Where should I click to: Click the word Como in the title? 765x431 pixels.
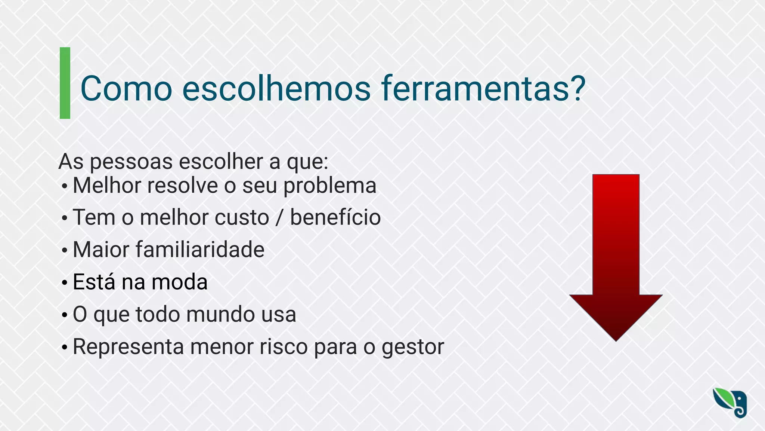pyautogui.click(x=126, y=89)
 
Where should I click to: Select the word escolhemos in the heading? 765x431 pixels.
pyautogui.click(x=276, y=89)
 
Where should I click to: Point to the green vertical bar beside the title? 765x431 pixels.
pyautogui.click(x=65, y=83)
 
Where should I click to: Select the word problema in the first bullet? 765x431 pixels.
pyautogui.click(x=330, y=186)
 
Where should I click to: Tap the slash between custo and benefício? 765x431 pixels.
pyautogui.click(x=279, y=218)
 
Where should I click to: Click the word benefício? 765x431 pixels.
pyautogui.click(x=335, y=218)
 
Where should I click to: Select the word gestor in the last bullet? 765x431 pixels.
pyautogui.click(x=412, y=347)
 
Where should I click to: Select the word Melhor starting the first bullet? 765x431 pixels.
pyautogui.click(x=106, y=186)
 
